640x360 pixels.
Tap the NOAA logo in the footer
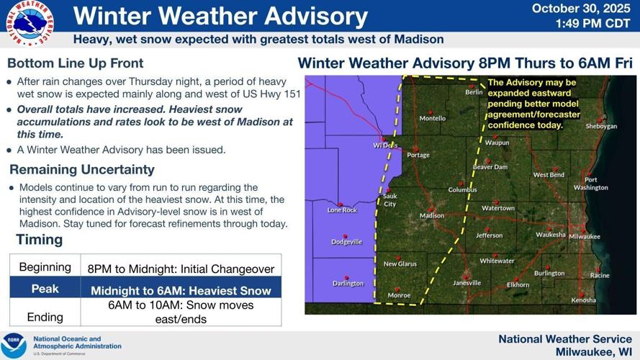14,345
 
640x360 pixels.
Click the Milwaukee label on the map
584,236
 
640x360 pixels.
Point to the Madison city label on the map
432,215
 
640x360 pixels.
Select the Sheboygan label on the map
601,126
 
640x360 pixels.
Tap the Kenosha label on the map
583,300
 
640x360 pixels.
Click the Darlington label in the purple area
348,283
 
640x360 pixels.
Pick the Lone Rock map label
342,210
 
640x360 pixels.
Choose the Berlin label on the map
474,92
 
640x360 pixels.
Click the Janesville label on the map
467,283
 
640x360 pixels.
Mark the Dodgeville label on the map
346,242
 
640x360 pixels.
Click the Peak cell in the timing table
45,289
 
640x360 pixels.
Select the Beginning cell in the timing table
45,267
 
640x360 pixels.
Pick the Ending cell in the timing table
45,317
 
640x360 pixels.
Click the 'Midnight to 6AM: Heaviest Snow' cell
181,291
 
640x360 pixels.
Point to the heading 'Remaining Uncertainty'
81,170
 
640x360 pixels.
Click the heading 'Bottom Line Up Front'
75,63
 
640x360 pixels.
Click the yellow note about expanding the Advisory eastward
532,104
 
